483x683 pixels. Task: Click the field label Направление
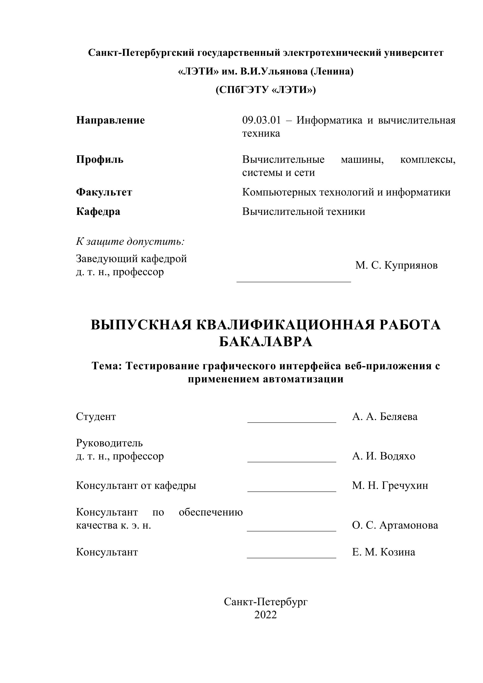[111, 120]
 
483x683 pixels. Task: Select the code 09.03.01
[261, 120]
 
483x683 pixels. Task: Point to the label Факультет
[104, 192]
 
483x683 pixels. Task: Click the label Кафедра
[98, 211]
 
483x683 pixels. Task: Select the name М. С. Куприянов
[396, 265]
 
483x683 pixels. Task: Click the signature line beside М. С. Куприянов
[294, 281]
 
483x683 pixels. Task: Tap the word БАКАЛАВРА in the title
[266, 342]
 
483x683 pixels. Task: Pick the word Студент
[96, 416]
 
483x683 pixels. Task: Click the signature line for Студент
[292, 422]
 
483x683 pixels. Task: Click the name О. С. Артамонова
[395, 525]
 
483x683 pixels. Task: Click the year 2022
[266, 615]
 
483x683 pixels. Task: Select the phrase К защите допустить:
[130, 241]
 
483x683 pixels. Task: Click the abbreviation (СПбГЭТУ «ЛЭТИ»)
[266, 89]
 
